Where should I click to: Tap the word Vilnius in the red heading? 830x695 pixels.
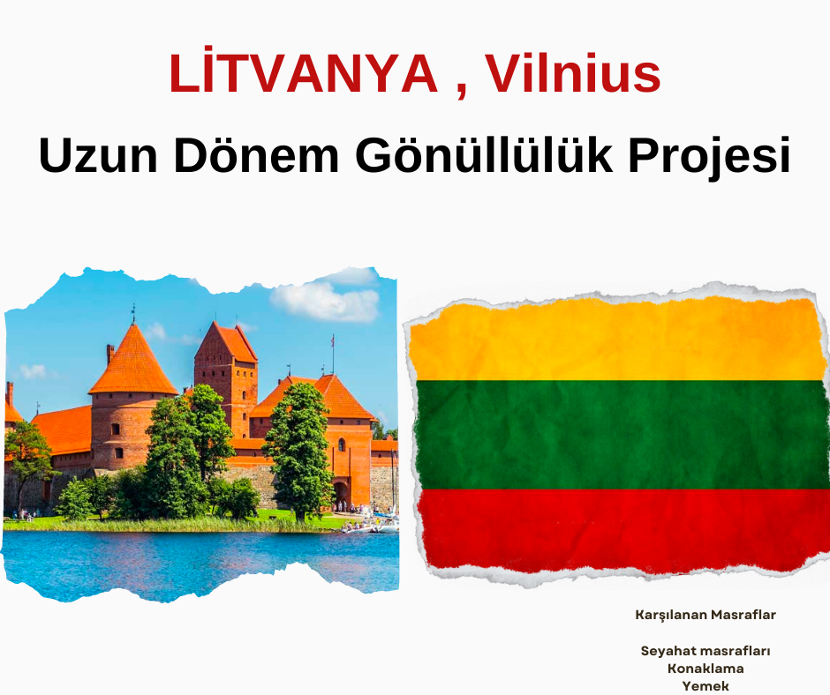tap(574, 73)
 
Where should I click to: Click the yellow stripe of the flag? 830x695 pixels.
tap(616, 341)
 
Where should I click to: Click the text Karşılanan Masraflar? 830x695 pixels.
tap(705, 615)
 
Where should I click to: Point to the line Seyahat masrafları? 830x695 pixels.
tap(705, 651)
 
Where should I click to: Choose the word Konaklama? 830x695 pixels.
tap(705, 668)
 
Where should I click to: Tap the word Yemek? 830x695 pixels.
tap(705, 686)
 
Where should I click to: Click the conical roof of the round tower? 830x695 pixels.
tap(132, 362)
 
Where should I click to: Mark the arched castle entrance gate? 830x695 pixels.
tap(341, 494)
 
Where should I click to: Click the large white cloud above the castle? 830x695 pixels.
tap(324, 301)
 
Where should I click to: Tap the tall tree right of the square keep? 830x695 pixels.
tap(298, 449)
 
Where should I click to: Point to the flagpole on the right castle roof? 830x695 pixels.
tap(333, 355)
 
